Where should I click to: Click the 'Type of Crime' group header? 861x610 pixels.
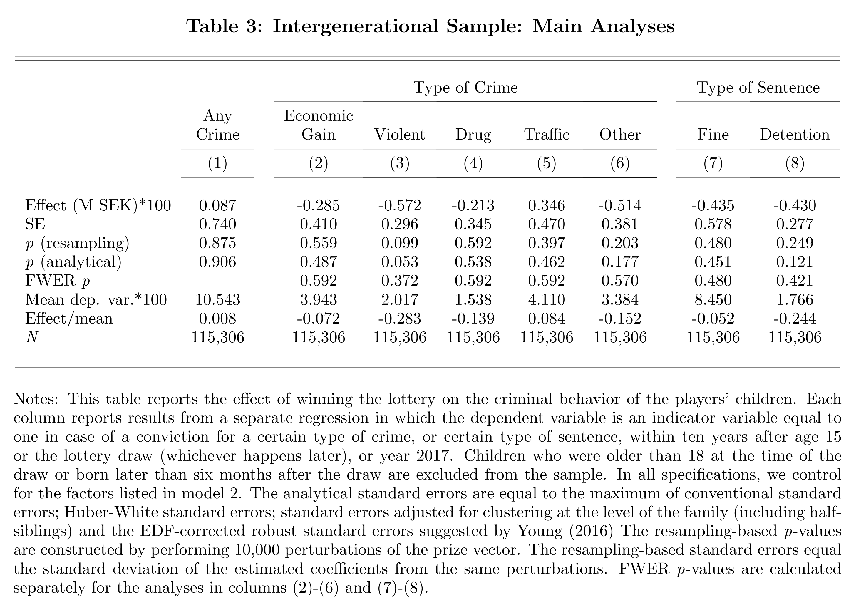click(465, 88)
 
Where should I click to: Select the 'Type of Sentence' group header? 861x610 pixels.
click(758, 88)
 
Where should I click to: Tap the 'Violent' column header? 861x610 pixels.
click(400, 135)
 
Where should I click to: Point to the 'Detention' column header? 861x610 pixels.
click(795, 135)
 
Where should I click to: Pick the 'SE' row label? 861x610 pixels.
click(35, 224)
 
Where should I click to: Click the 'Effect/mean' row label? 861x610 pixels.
click(69, 319)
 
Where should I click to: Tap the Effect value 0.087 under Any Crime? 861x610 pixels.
click(217, 205)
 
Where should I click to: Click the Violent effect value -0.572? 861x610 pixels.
click(400, 205)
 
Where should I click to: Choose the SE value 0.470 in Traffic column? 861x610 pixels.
click(547, 224)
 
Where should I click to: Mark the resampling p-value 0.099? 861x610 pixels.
click(400, 243)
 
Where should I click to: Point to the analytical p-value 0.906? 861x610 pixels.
click(217, 262)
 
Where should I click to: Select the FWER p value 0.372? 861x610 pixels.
click(400, 281)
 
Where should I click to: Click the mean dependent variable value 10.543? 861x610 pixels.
click(217, 300)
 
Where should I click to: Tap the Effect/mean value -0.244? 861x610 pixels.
click(795, 319)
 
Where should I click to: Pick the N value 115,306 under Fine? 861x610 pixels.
click(713, 337)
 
